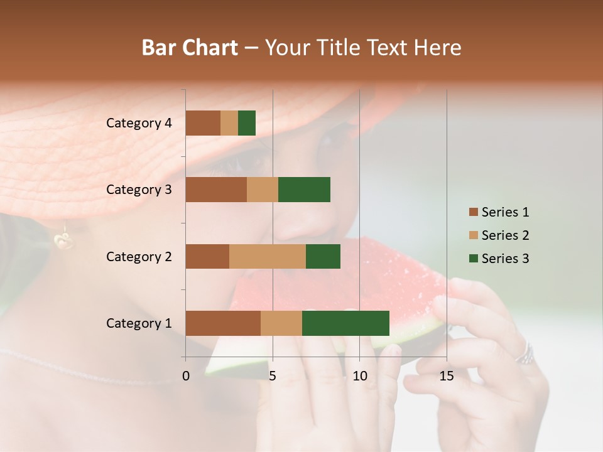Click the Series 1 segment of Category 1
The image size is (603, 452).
223,323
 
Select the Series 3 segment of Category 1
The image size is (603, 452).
345,323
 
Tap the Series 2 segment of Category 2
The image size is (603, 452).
268,256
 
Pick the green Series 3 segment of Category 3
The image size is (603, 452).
304,190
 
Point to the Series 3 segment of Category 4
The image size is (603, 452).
247,123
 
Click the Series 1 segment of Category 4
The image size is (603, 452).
203,123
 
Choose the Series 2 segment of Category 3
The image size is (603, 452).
263,190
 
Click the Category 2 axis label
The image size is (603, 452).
139,256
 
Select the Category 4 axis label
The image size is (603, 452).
139,123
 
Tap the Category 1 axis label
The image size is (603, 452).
139,323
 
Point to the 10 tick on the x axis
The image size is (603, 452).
359,376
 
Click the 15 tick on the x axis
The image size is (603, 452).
447,376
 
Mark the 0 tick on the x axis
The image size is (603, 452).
186,376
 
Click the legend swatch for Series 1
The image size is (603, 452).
473,212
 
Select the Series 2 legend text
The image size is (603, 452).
505,235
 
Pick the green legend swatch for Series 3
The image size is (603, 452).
473,259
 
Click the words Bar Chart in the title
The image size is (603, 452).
190,48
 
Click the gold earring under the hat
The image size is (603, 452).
63,239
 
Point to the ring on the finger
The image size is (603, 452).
525,354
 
